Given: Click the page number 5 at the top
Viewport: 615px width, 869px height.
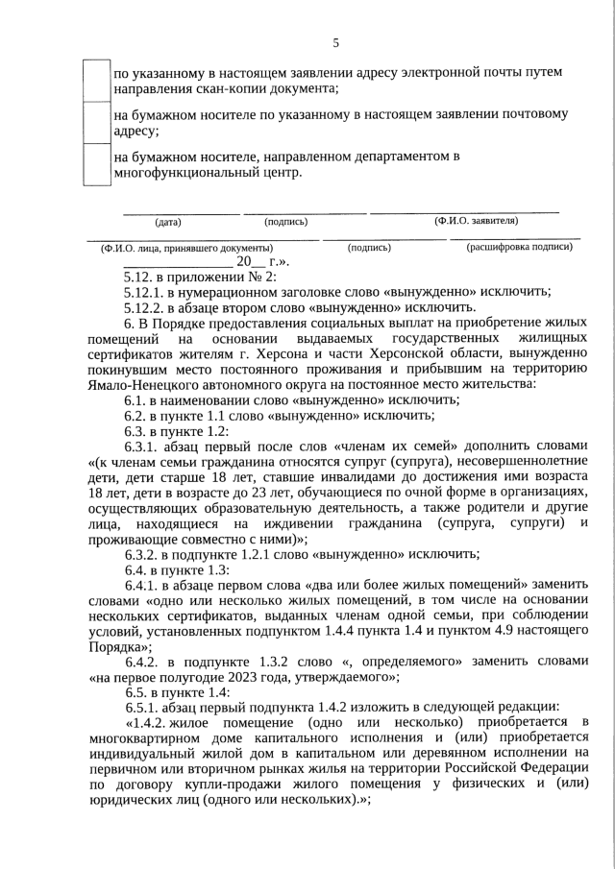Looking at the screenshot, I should [335, 42].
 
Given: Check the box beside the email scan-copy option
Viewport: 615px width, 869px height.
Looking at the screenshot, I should [96, 80].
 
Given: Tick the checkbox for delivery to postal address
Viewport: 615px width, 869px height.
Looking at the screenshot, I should [96, 122].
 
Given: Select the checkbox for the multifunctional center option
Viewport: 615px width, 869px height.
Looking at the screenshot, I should [96, 164].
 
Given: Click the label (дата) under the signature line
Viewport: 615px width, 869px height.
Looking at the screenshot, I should [168, 222].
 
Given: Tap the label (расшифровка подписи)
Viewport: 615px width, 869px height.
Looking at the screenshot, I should [519, 247].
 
